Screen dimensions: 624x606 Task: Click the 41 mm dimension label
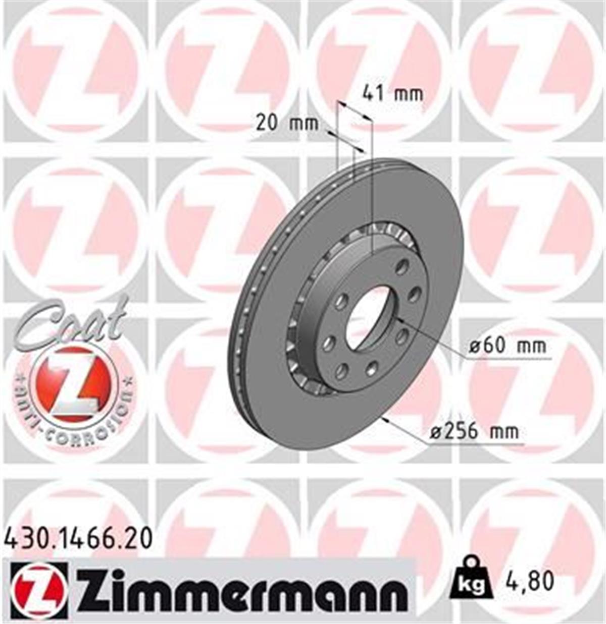point(393,94)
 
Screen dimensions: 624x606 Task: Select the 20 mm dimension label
point(287,123)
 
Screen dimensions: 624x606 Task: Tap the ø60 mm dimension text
point(508,346)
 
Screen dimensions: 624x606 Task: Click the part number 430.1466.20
point(78,539)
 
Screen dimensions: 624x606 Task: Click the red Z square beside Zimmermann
point(38,590)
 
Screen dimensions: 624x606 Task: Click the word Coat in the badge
point(71,323)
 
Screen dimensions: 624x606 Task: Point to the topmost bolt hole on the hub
point(402,266)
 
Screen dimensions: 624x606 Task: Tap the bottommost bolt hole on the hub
point(342,371)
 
